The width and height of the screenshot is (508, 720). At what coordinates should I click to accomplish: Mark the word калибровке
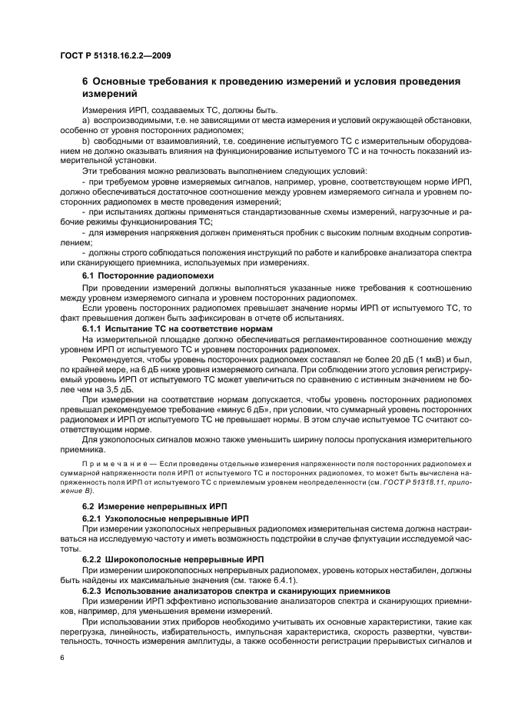320,252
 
